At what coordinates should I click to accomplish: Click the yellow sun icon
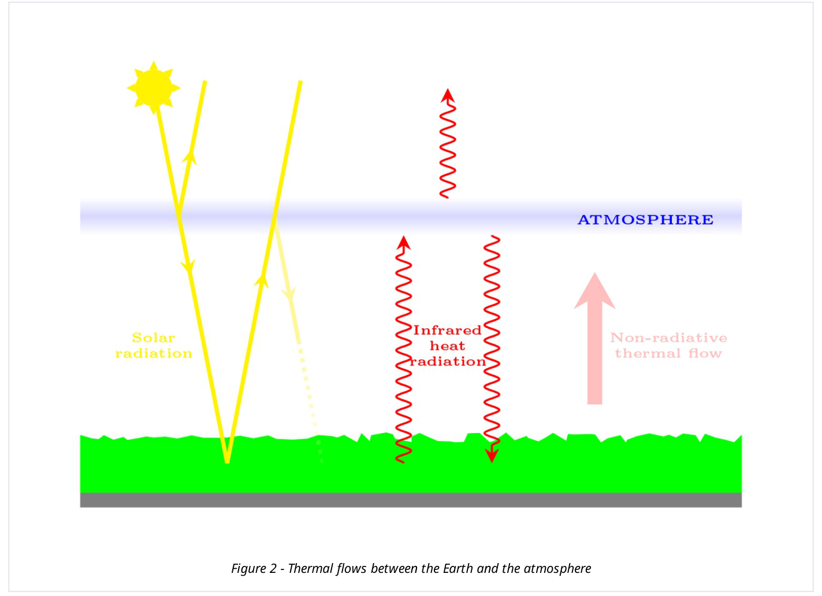click(154, 88)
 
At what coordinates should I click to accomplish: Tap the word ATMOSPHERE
click(645, 220)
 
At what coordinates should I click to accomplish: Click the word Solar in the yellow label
click(154, 338)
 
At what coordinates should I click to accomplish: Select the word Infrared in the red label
click(447, 330)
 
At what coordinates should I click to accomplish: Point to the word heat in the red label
click(447, 346)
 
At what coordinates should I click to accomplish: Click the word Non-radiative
click(668, 338)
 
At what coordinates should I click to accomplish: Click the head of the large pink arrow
click(595, 290)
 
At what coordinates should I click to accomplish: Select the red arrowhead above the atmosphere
click(447, 95)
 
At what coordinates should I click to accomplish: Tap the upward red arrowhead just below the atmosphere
click(403, 243)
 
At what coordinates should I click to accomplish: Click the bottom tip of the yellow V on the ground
click(227, 462)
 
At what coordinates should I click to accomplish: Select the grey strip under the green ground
click(411, 500)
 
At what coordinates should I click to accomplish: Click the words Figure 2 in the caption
click(254, 568)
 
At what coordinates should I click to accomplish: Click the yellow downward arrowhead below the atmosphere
click(188, 266)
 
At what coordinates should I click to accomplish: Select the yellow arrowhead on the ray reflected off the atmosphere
click(189, 157)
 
